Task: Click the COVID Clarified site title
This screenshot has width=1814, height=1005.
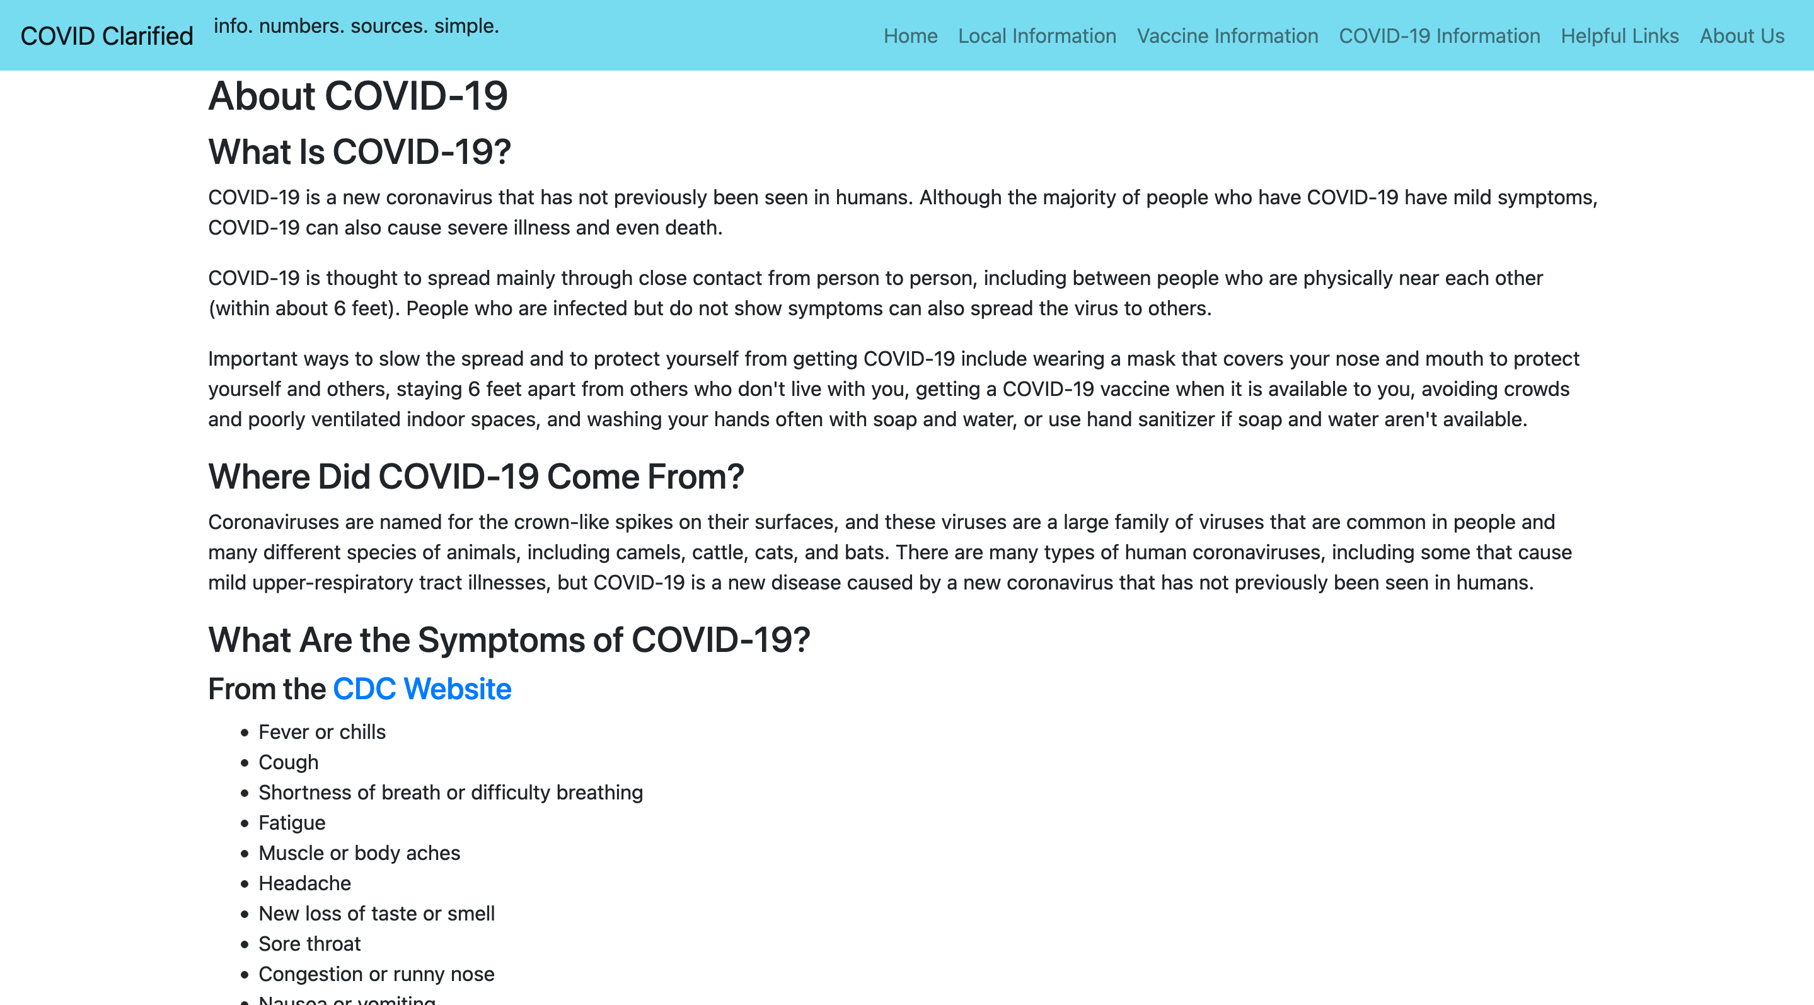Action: [x=107, y=36]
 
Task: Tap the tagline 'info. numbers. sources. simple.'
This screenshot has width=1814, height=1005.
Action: [x=356, y=26]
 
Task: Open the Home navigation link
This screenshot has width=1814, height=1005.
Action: [x=911, y=36]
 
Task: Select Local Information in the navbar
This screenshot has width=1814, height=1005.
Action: [x=1037, y=36]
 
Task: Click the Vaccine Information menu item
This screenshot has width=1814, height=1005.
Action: [x=1227, y=36]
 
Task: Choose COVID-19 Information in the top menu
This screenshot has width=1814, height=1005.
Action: [x=1440, y=36]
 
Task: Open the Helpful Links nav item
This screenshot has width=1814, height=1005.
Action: [x=1620, y=36]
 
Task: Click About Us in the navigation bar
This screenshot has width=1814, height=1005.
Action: [x=1742, y=36]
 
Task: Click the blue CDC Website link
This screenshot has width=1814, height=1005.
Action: [x=422, y=688]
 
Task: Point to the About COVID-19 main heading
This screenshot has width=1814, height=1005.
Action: [x=358, y=96]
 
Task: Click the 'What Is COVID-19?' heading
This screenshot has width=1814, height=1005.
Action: [x=359, y=152]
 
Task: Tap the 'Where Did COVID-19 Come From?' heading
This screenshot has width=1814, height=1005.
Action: [x=476, y=477]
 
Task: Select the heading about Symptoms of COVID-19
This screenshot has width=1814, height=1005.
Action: [x=509, y=640]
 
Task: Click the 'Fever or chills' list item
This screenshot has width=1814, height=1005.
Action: [x=322, y=733]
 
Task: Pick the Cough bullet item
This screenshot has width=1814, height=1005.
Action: [x=288, y=763]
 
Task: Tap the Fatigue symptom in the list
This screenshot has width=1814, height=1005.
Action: [x=292, y=823]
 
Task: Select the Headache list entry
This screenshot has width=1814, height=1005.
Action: [x=304, y=883]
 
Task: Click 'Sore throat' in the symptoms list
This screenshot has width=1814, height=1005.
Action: [x=309, y=944]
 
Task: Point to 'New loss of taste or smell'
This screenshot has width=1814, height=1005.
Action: [x=376, y=914]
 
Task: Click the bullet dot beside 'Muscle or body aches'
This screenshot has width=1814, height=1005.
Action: [x=245, y=854]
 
